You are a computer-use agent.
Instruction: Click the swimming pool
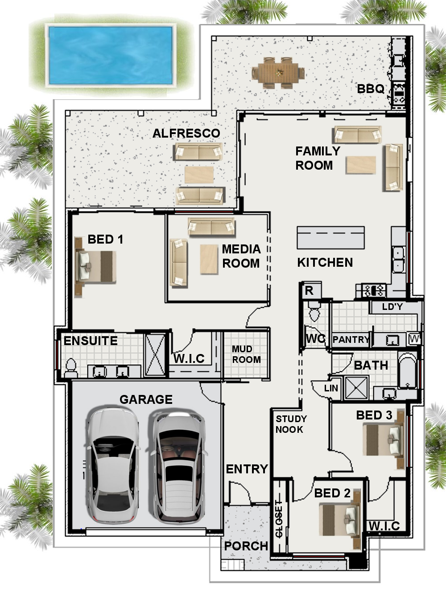click(x=111, y=55)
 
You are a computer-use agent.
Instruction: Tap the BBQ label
click(x=370, y=89)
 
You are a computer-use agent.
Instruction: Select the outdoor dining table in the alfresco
click(x=278, y=73)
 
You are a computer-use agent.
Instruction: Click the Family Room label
click(x=318, y=158)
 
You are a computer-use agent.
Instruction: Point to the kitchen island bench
click(x=330, y=238)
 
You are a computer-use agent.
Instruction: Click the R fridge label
click(x=309, y=291)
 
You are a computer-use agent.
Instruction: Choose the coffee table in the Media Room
click(x=209, y=260)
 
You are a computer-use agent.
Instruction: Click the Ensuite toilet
click(x=71, y=368)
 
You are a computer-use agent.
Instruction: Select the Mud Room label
click(x=246, y=354)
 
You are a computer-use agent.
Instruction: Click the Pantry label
click(x=351, y=339)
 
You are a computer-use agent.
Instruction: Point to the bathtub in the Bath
click(x=408, y=370)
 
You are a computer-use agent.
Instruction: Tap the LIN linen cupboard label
click(x=331, y=388)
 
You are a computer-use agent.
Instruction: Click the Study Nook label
click(x=291, y=424)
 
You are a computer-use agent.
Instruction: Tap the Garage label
click(x=146, y=399)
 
